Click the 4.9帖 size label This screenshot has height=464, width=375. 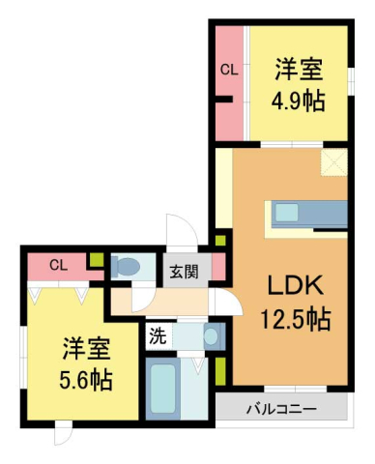point(298,100)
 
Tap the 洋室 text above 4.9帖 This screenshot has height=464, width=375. point(298,71)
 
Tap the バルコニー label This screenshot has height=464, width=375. point(280,409)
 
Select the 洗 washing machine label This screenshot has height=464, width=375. point(157,337)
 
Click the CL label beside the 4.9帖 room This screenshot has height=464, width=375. point(228,69)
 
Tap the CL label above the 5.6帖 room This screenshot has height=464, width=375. point(58,264)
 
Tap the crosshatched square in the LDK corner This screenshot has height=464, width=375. point(334,164)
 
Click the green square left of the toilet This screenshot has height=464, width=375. point(96,260)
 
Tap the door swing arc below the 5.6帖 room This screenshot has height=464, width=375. point(63,434)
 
